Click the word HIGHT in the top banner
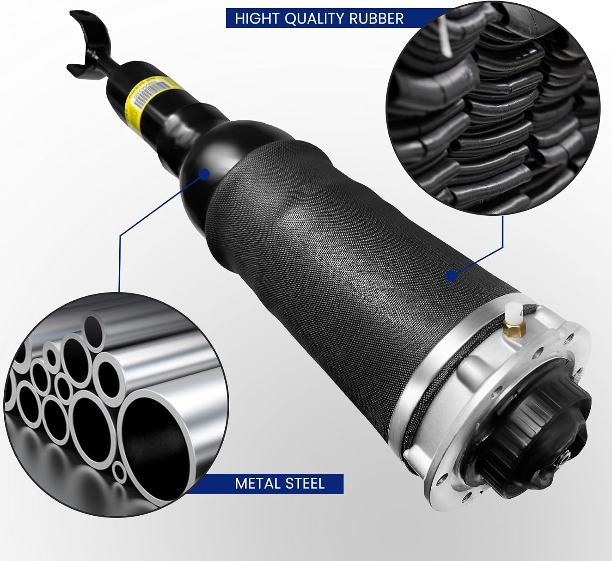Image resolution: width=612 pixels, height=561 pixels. coord(257,19)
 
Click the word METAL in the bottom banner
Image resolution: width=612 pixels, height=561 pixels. coord(257,483)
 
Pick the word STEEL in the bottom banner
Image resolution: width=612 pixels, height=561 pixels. coord(305,483)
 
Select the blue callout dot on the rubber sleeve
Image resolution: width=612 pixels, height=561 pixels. coord(451,276)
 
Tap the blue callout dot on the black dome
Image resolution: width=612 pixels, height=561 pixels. coord(204,174)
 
